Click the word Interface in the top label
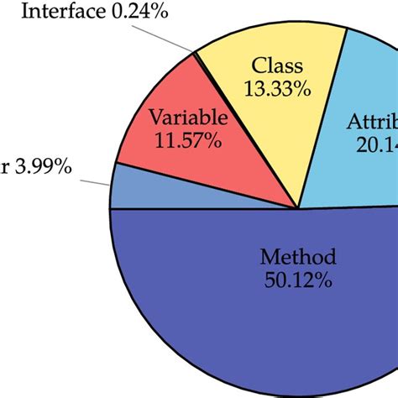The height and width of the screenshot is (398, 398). coord(60,12)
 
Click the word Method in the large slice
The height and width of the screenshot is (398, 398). coord(297,256)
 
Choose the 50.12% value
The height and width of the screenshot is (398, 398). coord(297,280)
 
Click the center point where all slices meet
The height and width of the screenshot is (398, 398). coord(298,208)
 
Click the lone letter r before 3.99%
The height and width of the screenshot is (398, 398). coord(5,169)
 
